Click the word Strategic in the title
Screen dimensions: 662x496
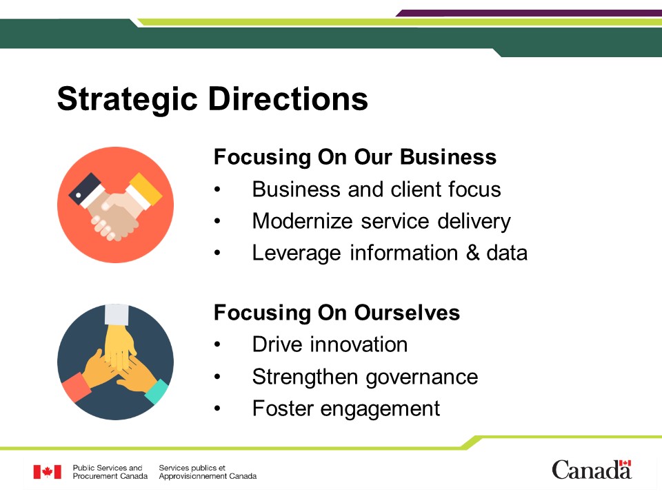pos(128,99)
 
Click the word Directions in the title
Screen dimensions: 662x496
pos(288,99)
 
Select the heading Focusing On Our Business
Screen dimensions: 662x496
pos(355,157)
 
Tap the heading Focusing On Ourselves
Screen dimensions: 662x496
pos(337,313)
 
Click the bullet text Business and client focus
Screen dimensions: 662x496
pos(377,189)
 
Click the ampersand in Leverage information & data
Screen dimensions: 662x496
pos(473,253)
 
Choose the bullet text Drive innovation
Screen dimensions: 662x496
pos(330,344)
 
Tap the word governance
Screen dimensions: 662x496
pos(422,378)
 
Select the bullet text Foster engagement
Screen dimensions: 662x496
pos(346,409)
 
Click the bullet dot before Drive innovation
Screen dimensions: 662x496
pos(217,345)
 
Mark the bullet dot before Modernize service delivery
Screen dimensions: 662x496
pos(217,221)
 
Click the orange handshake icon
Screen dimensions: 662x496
pos(116,205)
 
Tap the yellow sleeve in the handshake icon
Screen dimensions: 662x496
pos(146,187)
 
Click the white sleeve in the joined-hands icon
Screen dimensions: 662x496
pos(117,314)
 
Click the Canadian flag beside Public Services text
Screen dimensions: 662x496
pos(48,472)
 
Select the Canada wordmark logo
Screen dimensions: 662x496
pos(592,470)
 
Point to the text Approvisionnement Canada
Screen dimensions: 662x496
pos(208,476)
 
